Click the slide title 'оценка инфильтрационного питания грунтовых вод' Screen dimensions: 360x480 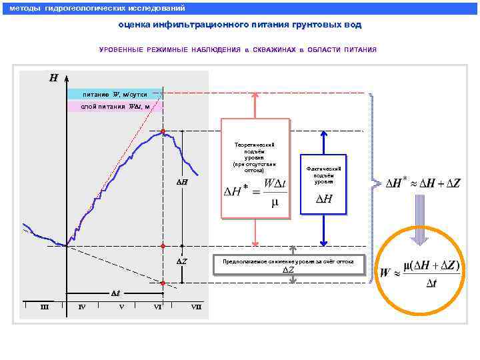(x=239, y=25)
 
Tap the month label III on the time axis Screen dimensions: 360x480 (x=45, y=307)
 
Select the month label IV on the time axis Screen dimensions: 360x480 (x=81, y=307)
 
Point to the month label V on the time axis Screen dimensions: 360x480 (x=121, y=307)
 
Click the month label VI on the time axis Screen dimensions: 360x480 (x=158, y=307)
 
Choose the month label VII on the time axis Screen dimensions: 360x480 (x=196, y=307)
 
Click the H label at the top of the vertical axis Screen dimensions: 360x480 (x=53, y=78)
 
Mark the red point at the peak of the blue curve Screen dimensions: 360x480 (x=163, y=131)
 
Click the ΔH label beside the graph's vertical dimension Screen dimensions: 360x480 (x=182, y=182)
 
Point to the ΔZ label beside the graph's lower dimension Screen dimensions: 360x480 (x=182, y=261)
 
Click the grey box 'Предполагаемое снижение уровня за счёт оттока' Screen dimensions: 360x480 (x=289, y=265)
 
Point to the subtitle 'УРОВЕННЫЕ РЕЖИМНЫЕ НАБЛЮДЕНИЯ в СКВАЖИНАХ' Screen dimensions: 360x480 (x=238, y=50)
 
